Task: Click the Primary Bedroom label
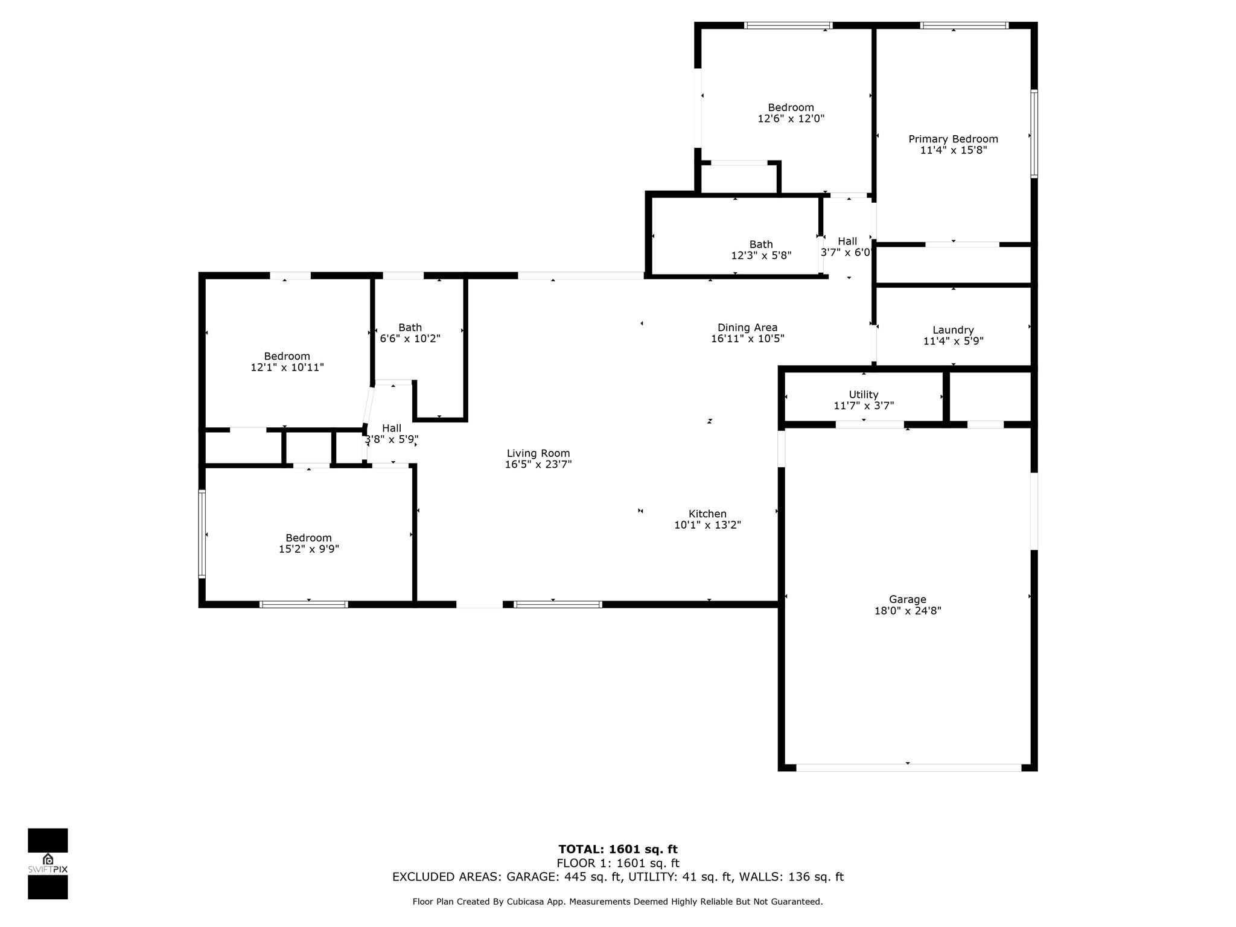click(953, 139)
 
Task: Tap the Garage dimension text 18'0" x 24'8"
click(908, 611)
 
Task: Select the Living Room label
click(538, 453)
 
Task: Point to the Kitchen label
click(707, 514)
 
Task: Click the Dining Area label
click(747, 328)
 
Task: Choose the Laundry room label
click(953, 330)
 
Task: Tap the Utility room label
click(864, 395)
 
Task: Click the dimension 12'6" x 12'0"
click(791, 119)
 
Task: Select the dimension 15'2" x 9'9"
click(308, 549)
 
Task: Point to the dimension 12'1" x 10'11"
click(287, 368)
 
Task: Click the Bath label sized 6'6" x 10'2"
click(410, 328)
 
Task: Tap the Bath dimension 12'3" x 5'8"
click(761, 256)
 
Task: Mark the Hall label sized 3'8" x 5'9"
click(392, 428)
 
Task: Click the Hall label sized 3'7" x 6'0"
click(847, 241)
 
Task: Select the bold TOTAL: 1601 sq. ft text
click(618, 850)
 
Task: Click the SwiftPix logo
click(48, 864)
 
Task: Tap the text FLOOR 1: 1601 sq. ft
click(618, 864)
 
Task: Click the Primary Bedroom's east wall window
click(1034, 134)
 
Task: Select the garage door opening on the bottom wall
click(909, 768)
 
